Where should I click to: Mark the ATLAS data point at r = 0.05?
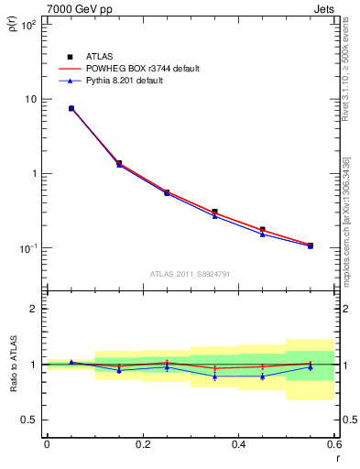click(71, 108)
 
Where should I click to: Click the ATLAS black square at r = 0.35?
click(214, 212)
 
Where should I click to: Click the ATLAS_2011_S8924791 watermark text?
click(191, 273)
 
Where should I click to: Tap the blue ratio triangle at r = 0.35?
click(214, 376)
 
